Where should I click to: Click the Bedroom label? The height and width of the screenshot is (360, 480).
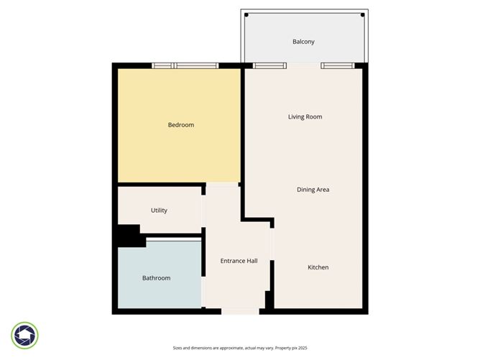[x=180, y=125]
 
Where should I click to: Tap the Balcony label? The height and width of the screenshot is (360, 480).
[x=303, y=42]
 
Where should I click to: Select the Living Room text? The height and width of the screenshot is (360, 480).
[x=305, y=116]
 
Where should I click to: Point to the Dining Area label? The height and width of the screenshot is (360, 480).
[x=313, y=190]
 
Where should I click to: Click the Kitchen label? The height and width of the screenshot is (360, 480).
[x=318, y=267]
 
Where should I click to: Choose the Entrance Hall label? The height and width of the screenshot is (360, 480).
[x=239, y=261]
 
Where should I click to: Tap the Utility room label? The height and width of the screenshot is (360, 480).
[x=159, y=211]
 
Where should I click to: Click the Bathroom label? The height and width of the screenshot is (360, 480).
[x=156, y=278]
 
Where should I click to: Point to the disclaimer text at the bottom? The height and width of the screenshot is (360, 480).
[x=240, y=348]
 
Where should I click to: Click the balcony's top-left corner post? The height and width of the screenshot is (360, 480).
[x=246, y=14]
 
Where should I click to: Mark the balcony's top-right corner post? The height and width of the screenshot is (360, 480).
[x=364, y=14]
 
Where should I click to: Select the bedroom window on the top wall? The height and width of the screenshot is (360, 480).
[x=185, y=66]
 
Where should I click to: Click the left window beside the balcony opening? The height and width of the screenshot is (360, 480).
[x=265, y=66]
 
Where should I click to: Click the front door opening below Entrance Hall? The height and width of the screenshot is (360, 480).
[x=240, y=311]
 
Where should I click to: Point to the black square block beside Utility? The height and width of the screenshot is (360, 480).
[x=127, y=236]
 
